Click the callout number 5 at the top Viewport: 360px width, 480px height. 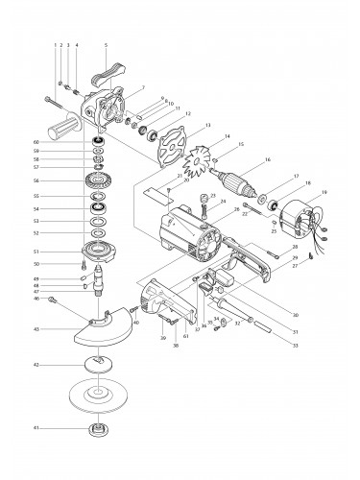104,45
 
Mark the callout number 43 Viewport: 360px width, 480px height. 62,329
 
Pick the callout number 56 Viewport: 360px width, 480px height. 62,180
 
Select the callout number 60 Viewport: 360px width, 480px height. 62,142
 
